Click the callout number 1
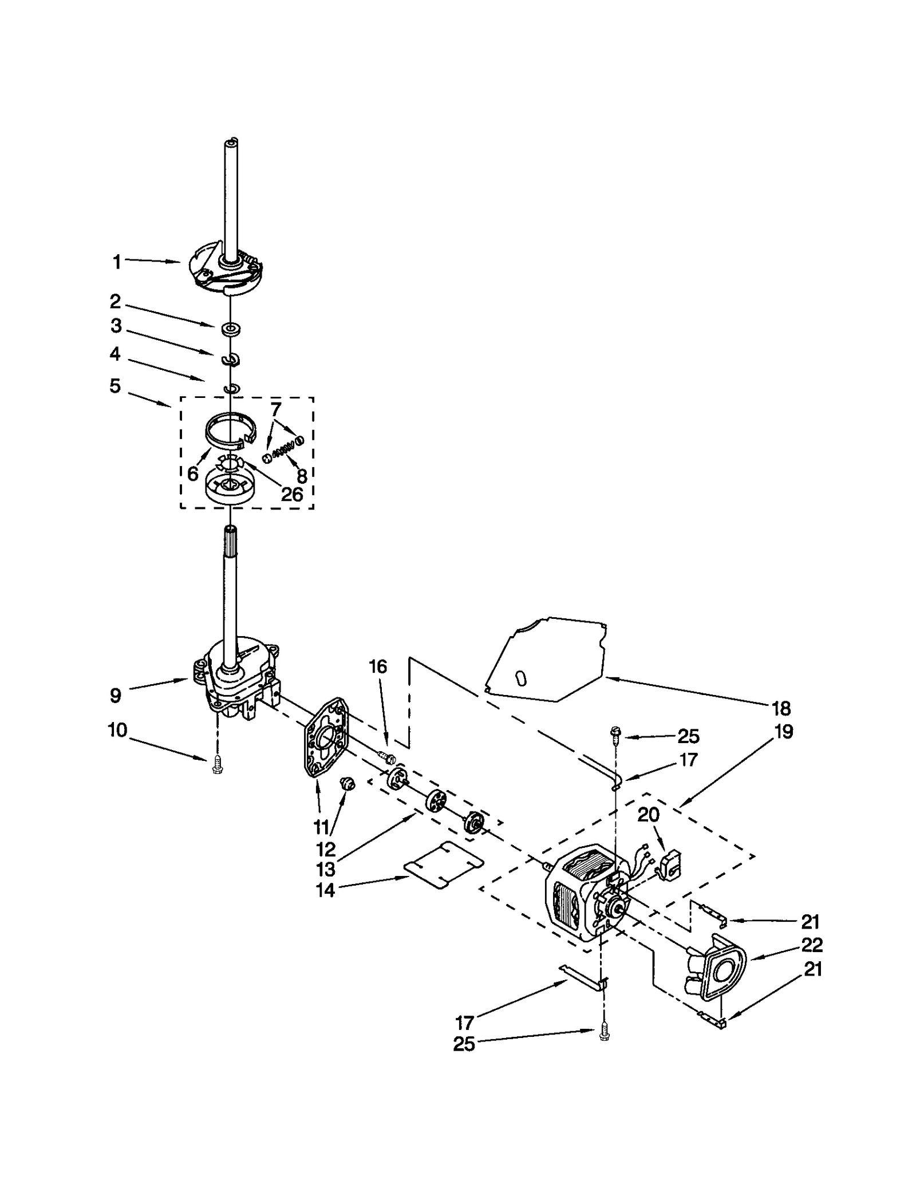pyautogui.click(x=117, y=263)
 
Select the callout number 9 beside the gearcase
pyautogui.click(x=116, y=696)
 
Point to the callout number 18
pyautogui.click(x=781, y=708)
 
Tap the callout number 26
pyautogui.click(x=291, y=494)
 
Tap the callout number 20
pyautogui.click(x=648, y=814)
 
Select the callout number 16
pyautogui.click(x=378, y=666)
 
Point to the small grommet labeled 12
pyautogui.click(x=348, y=783)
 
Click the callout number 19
pyautogui.click(x=784, y=731)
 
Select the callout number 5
pyautogui.click(x=115, y=386)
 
